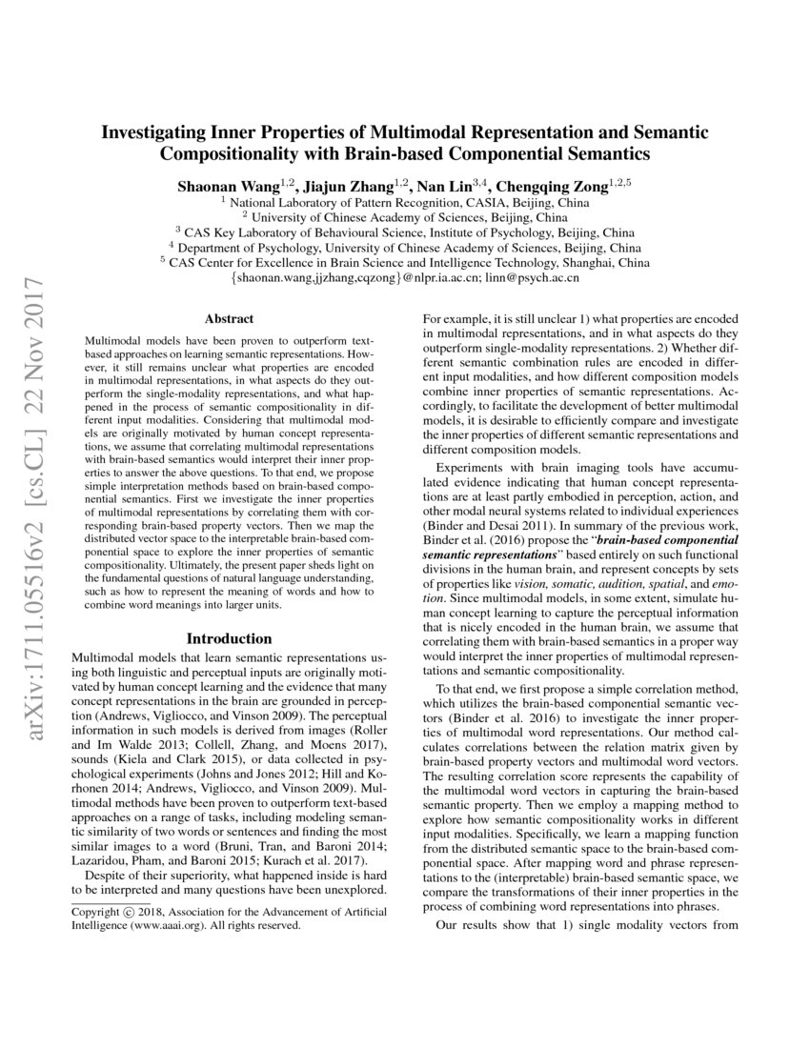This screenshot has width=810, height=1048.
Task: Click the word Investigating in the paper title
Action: [159, 131]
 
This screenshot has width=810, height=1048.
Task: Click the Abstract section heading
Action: [229, 319]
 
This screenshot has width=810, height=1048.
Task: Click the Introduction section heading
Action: [229, 637]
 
